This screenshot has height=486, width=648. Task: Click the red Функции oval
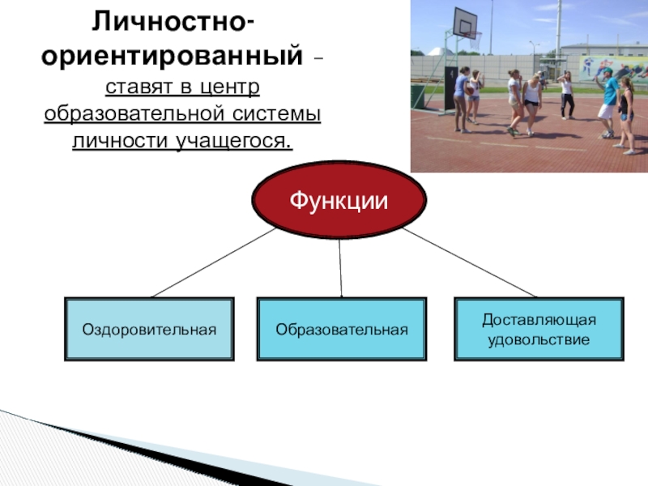(x=339, y=199)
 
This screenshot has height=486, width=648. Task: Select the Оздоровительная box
(x=149, y=329)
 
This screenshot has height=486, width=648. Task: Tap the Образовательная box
(x=340, y=329)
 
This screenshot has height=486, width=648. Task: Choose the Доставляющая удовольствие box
(x=539, y=329)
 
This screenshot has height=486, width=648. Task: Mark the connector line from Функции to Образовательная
(x=340, y=267)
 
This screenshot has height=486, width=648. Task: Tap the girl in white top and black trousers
(x=567, y=93)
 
